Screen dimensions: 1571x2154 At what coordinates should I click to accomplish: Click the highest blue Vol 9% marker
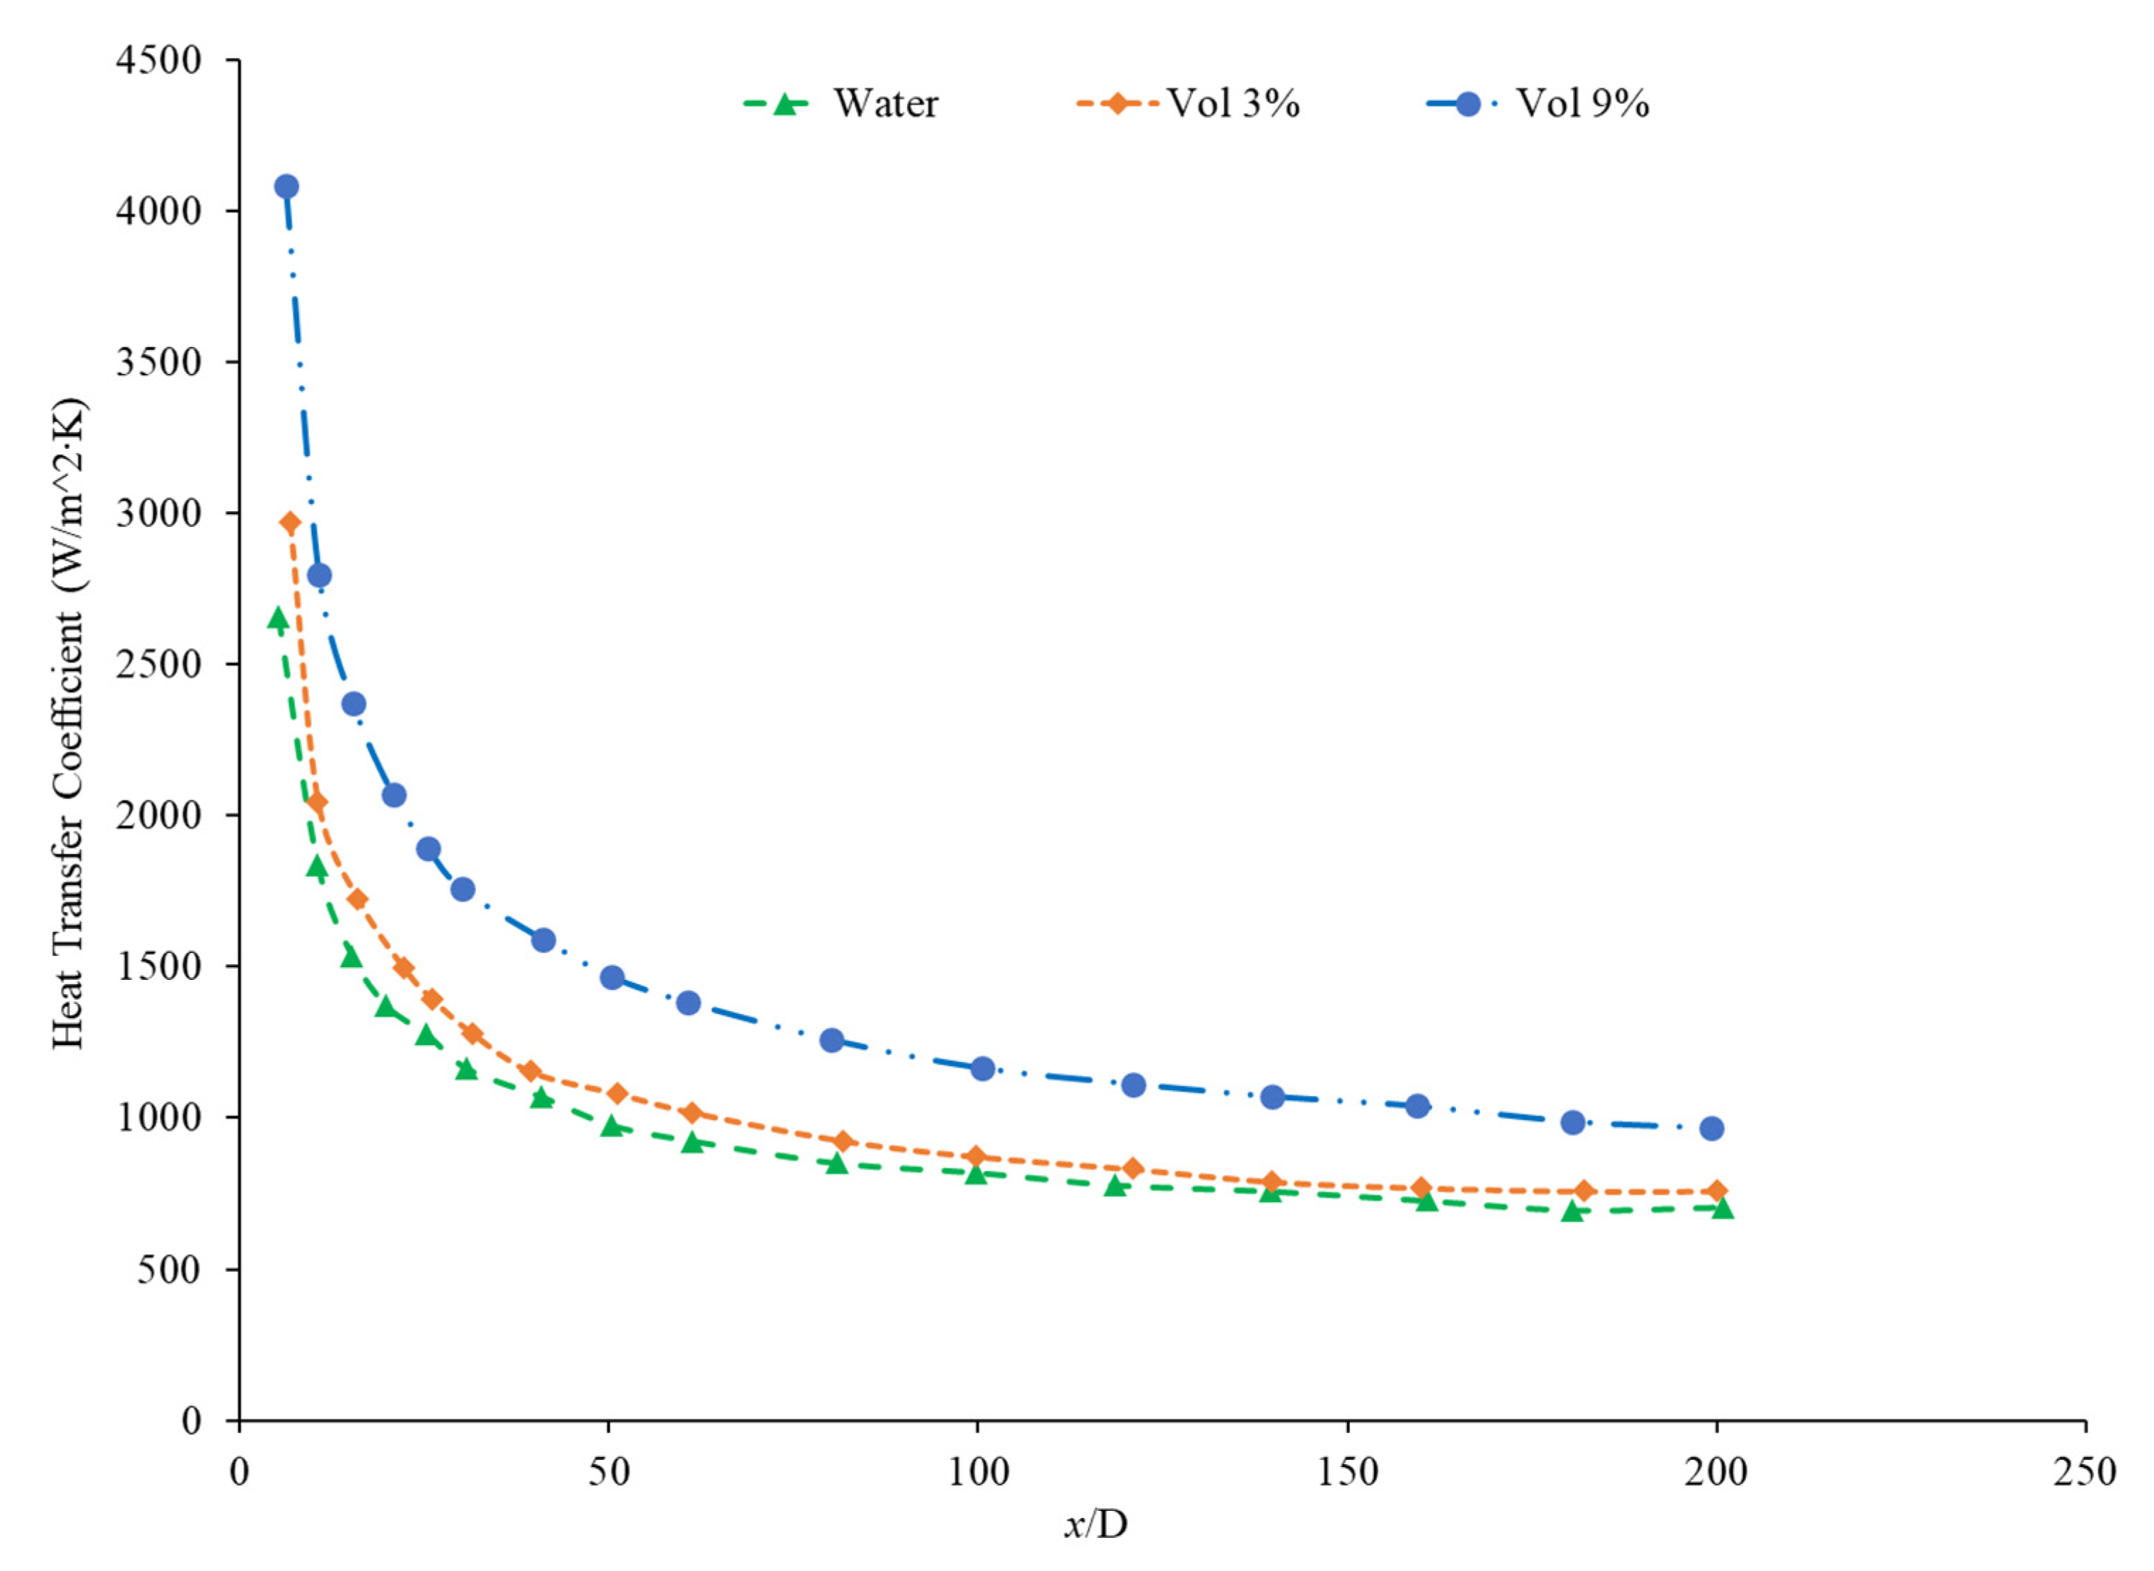(286, 187)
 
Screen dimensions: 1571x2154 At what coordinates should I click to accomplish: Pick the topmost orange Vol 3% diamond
(290, 522)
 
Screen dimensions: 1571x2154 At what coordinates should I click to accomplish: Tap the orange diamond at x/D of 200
(1716, 1191)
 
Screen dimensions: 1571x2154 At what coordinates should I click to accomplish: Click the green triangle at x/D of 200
(1722, 1209)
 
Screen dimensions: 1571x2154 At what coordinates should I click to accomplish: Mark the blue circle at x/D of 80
(832, 1039)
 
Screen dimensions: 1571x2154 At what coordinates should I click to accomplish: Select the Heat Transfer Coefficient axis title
(69, 723)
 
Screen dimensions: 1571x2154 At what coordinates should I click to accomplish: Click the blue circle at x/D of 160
(1417, 1105)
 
